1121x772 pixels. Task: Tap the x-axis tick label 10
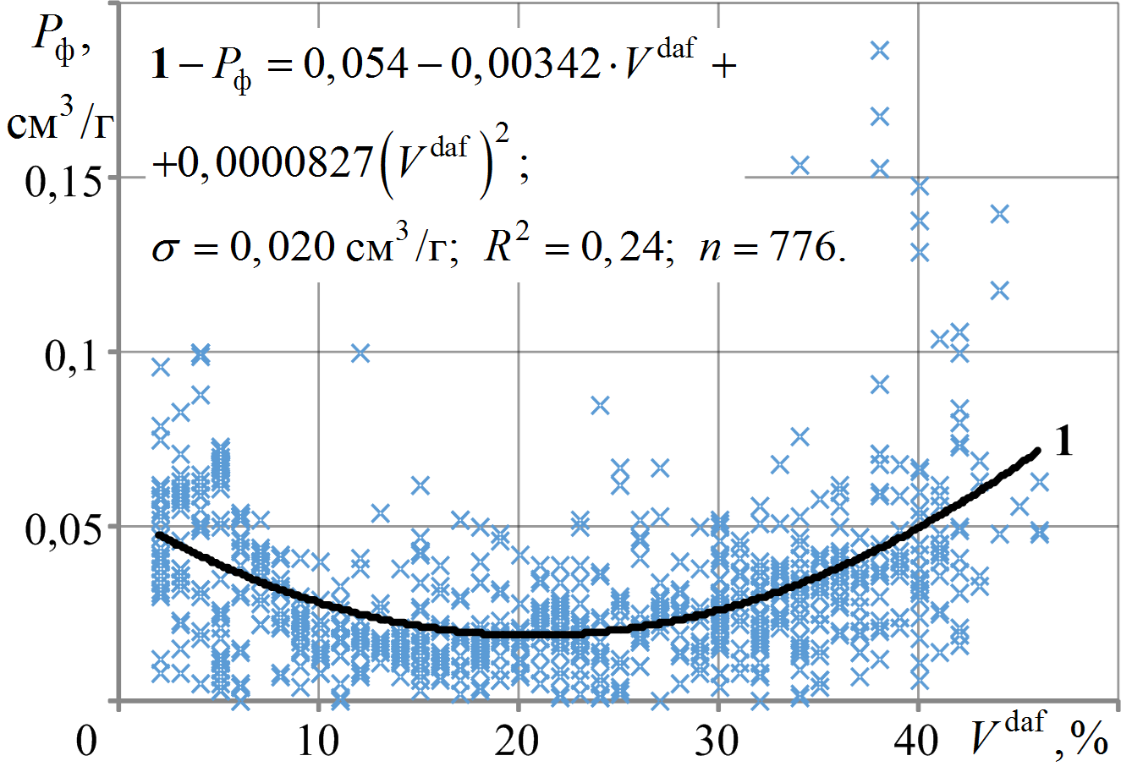point(318,743)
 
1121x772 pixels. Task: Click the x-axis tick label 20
point(518,743)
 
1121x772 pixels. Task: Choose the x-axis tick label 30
point(717,743)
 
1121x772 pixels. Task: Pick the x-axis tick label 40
point(917,743)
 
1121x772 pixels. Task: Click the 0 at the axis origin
point(85,743)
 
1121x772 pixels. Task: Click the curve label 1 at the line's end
point(1063,442)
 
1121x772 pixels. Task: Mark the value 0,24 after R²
point(634,250)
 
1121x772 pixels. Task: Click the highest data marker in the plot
point(880,51)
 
